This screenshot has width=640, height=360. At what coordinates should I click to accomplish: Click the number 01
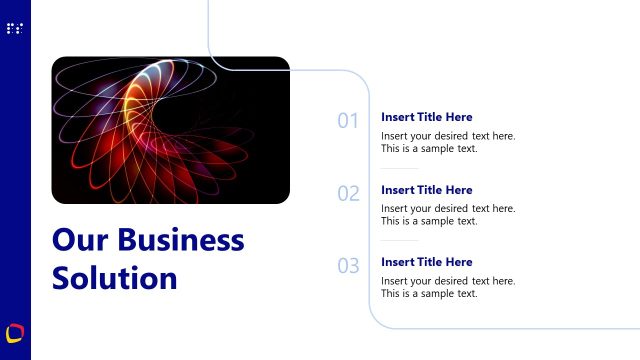(348, 121)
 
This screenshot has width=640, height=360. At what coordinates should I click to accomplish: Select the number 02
(348, 194)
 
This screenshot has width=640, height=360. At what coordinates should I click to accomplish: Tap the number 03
(348, 266)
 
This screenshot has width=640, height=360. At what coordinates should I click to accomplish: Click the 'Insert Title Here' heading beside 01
(427, 117)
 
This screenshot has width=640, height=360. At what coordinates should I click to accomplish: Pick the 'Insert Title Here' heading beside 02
(427, 190)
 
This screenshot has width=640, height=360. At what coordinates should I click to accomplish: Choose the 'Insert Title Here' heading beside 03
(427, 262)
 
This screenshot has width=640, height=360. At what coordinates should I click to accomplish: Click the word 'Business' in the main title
(181, 240)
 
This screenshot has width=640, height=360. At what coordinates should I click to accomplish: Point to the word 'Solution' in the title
(114, 277)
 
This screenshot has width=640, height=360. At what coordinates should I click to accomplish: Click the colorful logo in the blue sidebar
(15, 331)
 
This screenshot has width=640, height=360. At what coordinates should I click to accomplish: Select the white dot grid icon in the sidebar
(15, 29)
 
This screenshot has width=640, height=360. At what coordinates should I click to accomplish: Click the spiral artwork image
(170, 130)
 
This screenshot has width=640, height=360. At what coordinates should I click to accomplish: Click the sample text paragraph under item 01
(448, 142)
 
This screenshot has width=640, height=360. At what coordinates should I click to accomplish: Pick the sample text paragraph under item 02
(448, 215)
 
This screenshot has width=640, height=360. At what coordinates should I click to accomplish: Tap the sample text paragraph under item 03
(448, 287)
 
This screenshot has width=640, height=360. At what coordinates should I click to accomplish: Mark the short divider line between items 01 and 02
(400, 168)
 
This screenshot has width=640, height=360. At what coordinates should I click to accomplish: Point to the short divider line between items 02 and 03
(400, 240)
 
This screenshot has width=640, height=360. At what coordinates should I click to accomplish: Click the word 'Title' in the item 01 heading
(432, 117)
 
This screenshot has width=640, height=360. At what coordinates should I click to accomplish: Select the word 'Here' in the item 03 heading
(460, 262)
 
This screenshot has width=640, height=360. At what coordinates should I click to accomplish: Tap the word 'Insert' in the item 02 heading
(397, 190)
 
